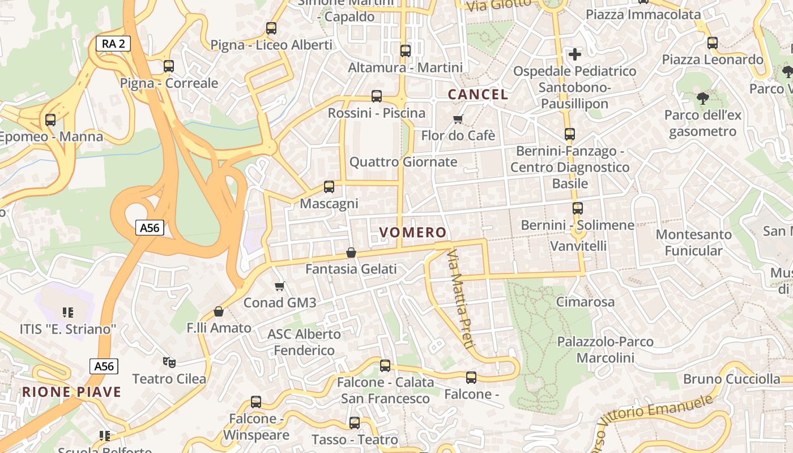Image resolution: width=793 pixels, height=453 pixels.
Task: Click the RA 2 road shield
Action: (113, 44)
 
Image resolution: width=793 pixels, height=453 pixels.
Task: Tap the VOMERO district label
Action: (413, 232)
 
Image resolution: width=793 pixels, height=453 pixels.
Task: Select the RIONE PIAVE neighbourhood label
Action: (72, 392)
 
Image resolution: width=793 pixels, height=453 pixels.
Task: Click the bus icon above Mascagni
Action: (329, 186)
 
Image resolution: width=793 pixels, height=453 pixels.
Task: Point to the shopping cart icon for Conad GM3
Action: (279, 287)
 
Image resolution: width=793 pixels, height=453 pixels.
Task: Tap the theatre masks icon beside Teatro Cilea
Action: (168, 361)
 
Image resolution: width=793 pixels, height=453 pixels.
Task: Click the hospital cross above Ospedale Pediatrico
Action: (575, 54)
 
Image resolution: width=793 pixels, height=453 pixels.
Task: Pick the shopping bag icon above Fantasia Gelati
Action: (351, 252)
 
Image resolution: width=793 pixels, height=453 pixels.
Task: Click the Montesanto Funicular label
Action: (693, 242)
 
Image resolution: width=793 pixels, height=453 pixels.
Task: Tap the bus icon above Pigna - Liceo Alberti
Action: (271, 28)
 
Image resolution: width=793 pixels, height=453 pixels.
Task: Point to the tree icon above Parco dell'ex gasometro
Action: (703, 99)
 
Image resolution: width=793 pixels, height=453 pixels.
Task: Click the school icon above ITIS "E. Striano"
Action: (68, 312)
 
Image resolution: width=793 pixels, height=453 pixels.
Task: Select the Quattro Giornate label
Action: (403, 162)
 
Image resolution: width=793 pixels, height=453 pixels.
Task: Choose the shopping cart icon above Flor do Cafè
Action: (458, 119)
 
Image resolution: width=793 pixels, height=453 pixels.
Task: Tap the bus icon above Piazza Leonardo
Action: (713, 42)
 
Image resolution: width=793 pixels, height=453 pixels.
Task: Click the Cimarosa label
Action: (585, 302)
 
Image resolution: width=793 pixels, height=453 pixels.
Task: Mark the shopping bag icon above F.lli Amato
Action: (219, 311)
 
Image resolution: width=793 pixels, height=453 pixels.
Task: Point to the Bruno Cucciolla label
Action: (732, 379)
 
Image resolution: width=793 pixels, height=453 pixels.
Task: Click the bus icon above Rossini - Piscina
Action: (377, 96)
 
